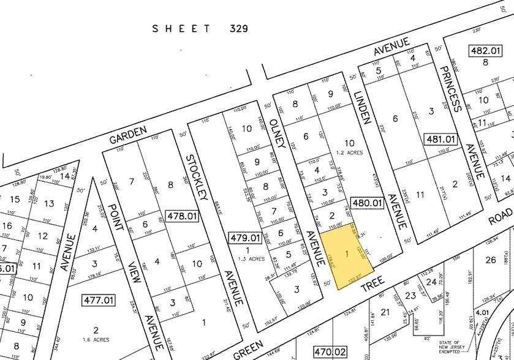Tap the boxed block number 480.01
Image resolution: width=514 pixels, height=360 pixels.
pyautogui.click(x=367, y=203)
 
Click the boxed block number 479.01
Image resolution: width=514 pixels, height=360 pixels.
pyautogui.click(x=244, y=237)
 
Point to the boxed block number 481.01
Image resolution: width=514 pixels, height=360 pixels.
pyautogui.click(x=440, y=140)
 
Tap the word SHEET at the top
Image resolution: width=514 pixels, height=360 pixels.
pyautogui.click(x=182, y=28)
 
